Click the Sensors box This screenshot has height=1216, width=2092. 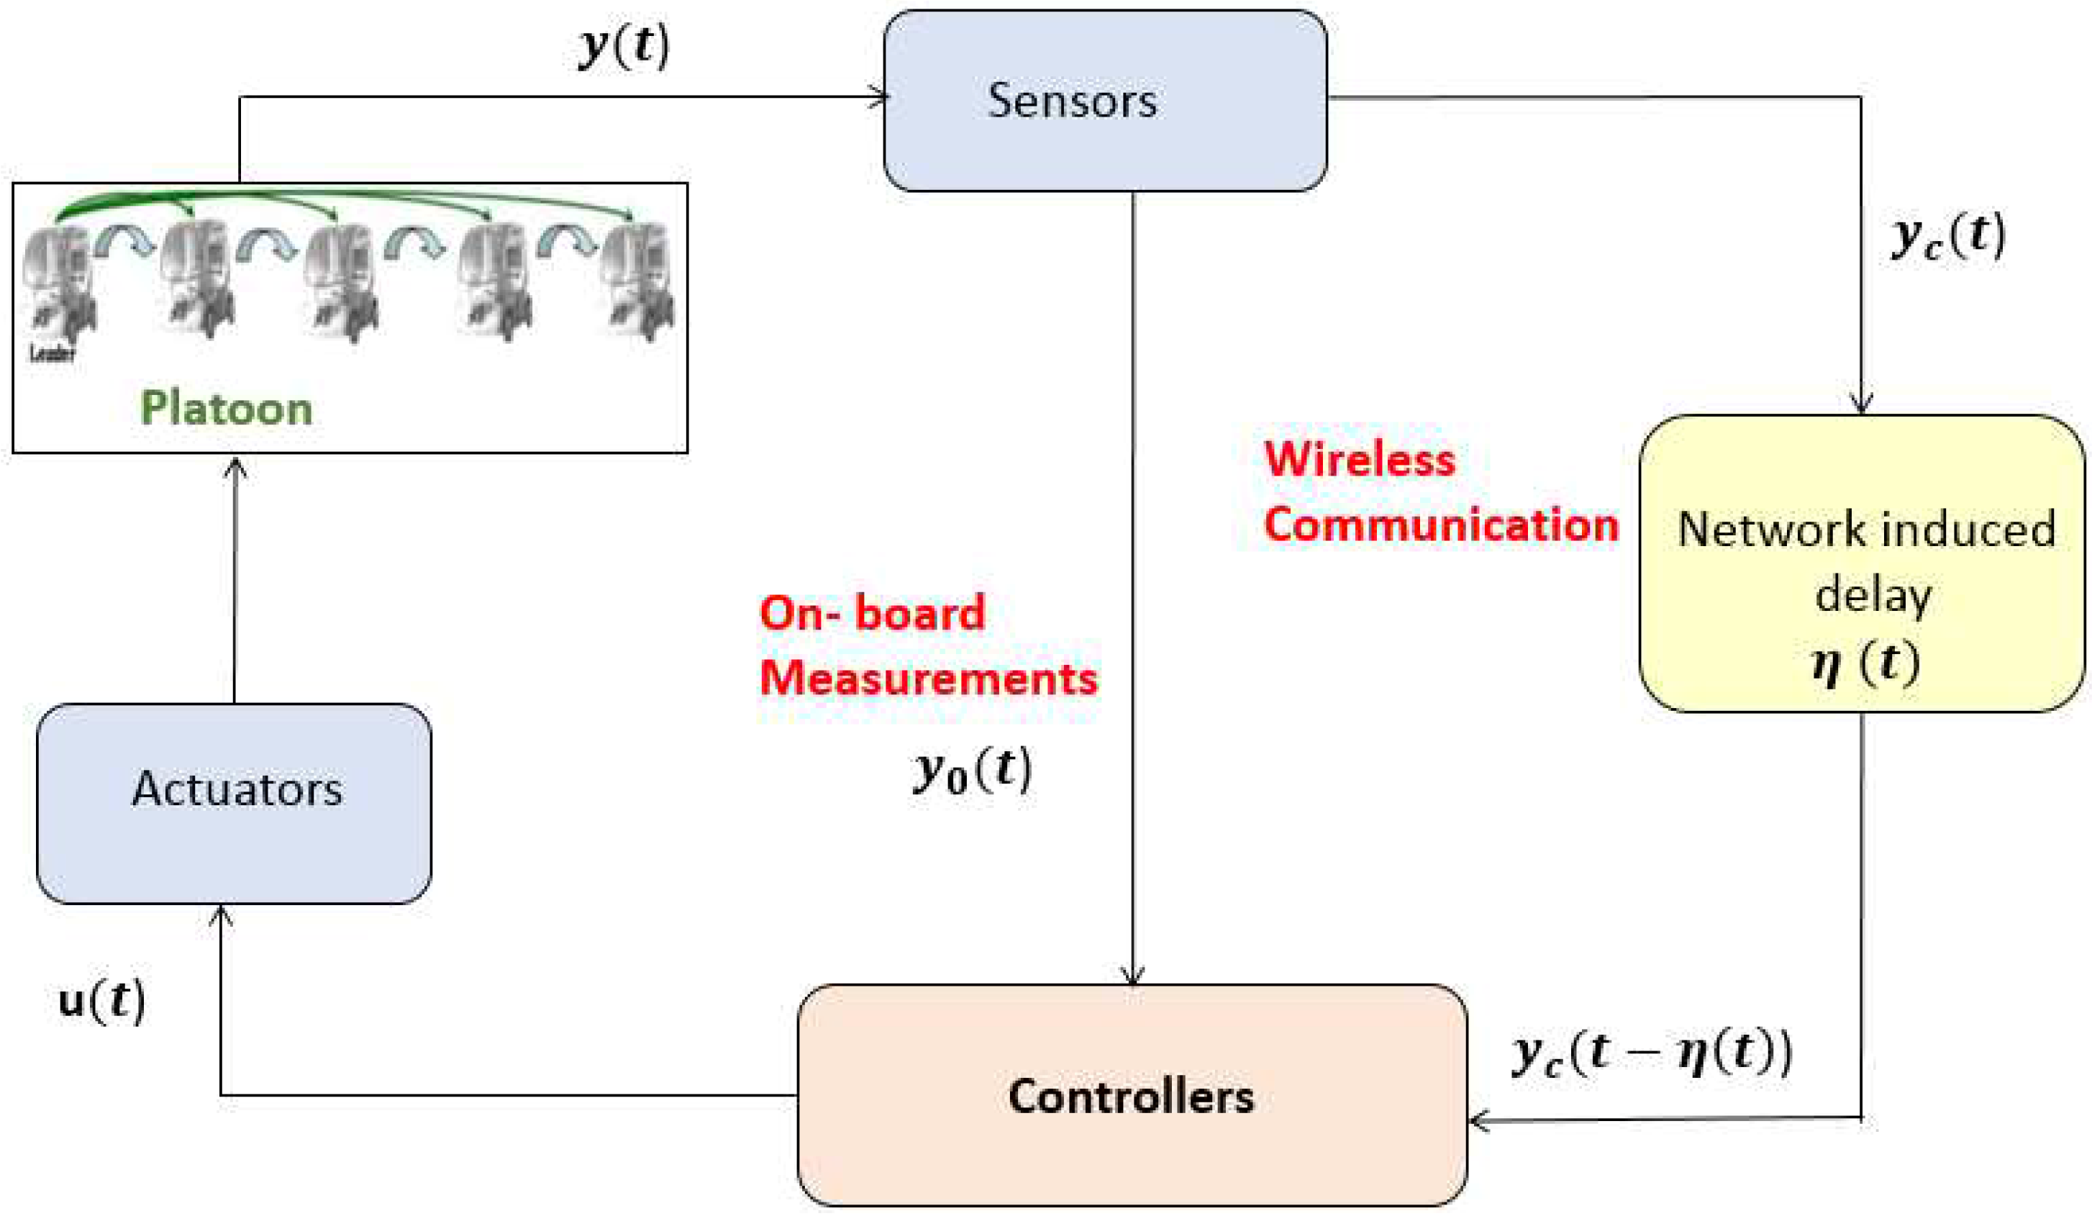tap(1104, 101)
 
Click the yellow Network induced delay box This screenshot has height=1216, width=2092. tap(1862, 563)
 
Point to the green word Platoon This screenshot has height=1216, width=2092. tap(226, 409)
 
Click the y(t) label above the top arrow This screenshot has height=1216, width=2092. tap(624, 47)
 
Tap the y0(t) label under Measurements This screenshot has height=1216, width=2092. tap(972, 771)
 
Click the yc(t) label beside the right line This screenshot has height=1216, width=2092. tap(1947, 237)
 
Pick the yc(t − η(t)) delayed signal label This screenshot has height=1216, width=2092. tap(1651, 1054)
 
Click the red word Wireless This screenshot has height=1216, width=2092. tap(1359, 459)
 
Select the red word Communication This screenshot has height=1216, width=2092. tap(1440, 525)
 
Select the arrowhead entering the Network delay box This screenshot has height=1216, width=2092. tap(1861, 404)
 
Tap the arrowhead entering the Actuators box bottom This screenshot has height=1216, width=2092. tap(220, 915)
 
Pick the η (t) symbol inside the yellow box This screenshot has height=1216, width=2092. tap(1865, 664)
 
